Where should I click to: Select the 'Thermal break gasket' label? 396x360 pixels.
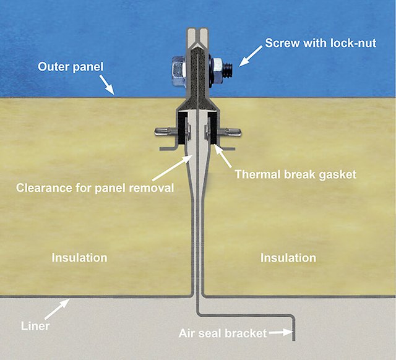coord(296,174)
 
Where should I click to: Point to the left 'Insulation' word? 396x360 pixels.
coord(79,257)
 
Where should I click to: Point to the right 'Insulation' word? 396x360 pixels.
coord(288,257)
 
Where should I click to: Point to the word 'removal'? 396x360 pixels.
coord(153,187)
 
